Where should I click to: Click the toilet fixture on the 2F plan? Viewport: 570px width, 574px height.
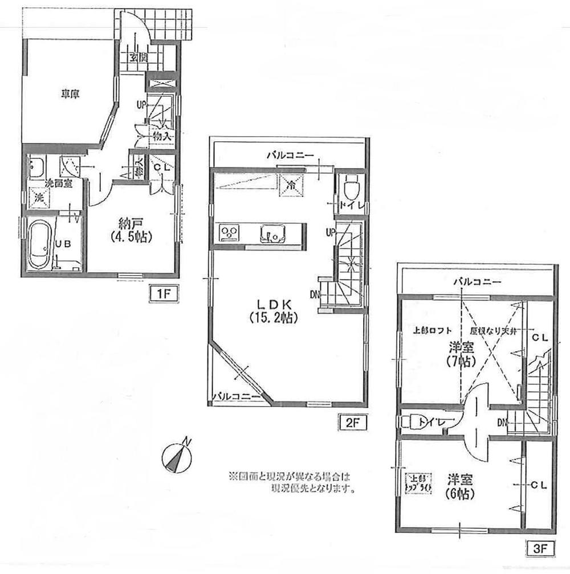(x=348, y=186)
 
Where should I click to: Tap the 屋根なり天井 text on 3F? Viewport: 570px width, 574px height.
(x=493, y=331)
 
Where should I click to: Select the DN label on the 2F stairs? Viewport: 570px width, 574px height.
(x=314, y=294)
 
